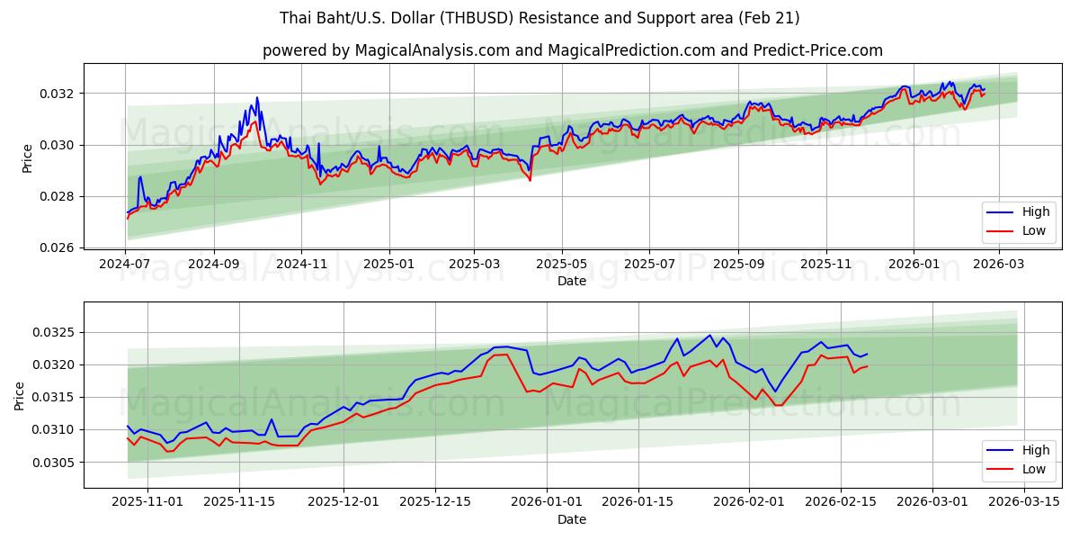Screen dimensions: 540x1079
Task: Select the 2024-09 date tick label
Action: [214, 265]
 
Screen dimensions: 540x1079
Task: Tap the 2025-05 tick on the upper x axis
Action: [562, 265]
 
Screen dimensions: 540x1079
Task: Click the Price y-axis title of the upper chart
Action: [27, 157]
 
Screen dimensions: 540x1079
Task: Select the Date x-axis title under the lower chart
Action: [572, 519]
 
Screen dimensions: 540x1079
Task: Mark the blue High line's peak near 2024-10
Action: [256, 97]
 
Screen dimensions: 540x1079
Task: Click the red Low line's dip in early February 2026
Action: [776, 405]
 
